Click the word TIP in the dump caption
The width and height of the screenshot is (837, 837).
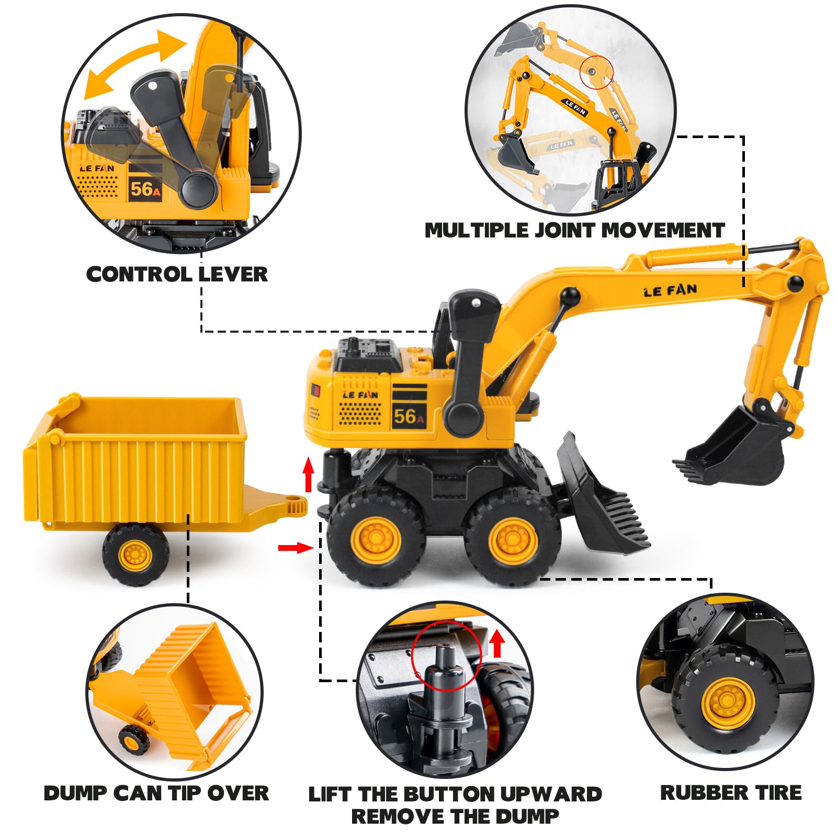[x=186, y=793]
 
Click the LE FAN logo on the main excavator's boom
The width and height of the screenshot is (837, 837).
[x=670, y=290]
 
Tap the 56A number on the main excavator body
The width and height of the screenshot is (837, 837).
[x=409, y=417]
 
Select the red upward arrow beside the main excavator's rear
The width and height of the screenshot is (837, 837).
[x=309, y=474]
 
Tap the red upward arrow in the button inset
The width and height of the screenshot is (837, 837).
[x=497, y=643]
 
